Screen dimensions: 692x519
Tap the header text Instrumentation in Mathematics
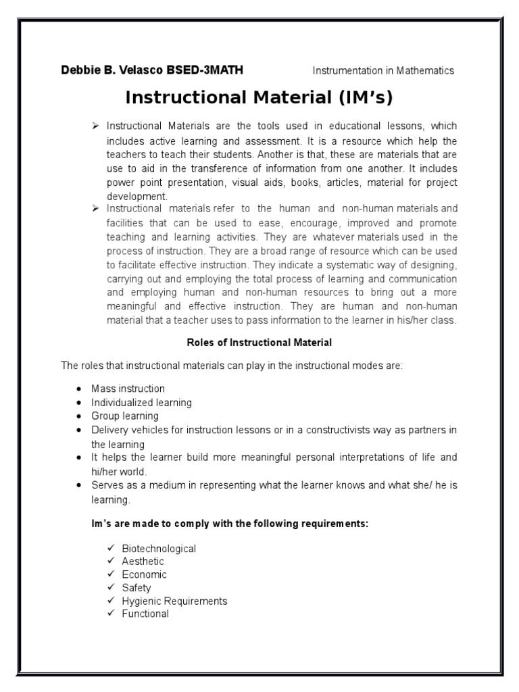coord(382,70)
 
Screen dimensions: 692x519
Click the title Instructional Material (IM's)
coord(259,97)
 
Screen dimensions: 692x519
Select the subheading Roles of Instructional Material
coord(259,343)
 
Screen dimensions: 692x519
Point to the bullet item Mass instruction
coord(128,389)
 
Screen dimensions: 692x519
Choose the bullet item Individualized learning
coord(142,402)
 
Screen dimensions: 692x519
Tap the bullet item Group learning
coord(125,416)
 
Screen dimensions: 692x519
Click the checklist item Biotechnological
coord(159,548)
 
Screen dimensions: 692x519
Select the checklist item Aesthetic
coord(143,561)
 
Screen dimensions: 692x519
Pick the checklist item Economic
coord(144,574)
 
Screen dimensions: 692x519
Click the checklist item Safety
coord(137,588)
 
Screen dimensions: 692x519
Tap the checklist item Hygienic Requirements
coord(174,601)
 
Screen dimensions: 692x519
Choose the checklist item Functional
coord(145,614)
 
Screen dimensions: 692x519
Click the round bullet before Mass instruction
coord(79,389)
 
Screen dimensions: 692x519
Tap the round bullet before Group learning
coord(79,416)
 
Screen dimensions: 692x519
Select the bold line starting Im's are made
coord(230,524)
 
